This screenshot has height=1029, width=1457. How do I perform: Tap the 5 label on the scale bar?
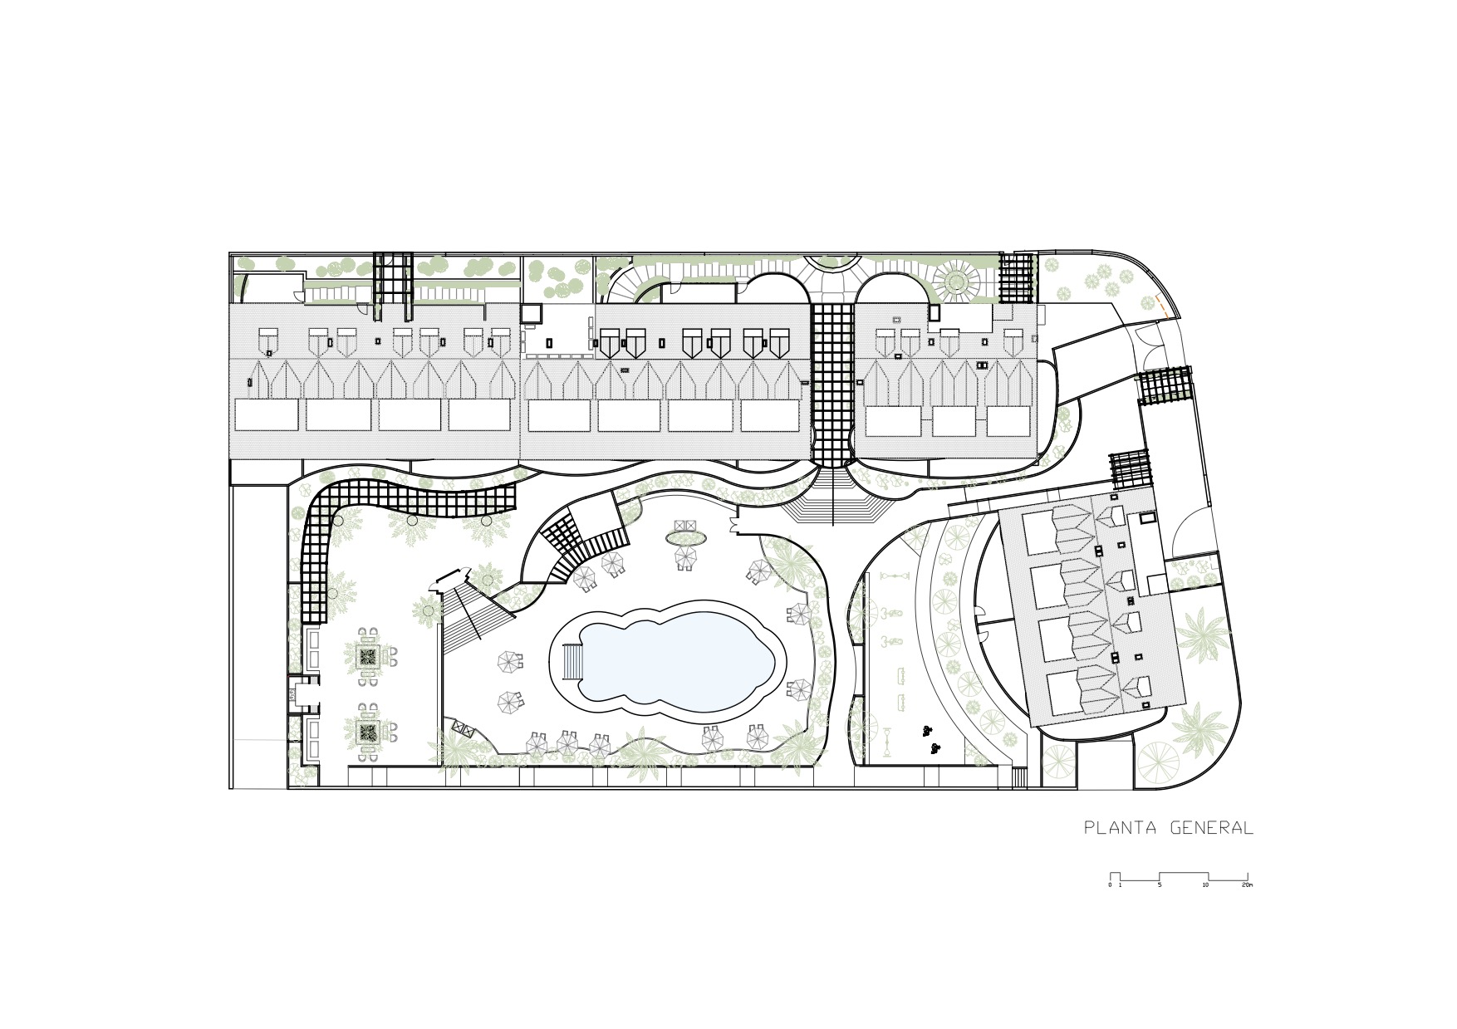click(1160, 885)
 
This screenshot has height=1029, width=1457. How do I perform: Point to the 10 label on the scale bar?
click(1205, 885)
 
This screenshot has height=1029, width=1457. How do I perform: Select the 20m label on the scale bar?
click(1247, 885)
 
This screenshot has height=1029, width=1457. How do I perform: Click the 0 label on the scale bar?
click(1110, 885)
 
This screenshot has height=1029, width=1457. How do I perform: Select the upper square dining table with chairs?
click(369, 656)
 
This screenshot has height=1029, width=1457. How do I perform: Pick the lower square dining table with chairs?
click(369, 732)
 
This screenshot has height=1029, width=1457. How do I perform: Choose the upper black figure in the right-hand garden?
click(925, 731)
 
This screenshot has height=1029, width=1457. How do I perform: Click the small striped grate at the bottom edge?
click(1019, 777)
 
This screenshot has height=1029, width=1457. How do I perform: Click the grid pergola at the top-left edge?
click(392, 287)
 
